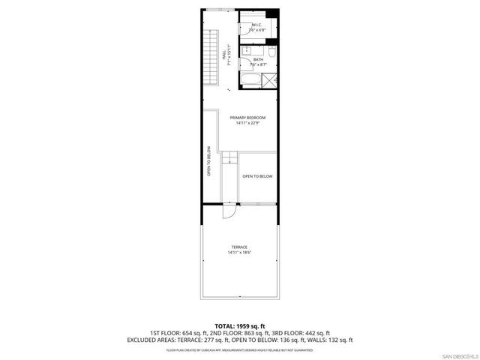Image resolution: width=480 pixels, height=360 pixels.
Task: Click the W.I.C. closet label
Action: coord(256,24)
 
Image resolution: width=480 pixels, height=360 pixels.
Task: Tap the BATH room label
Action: coord(258,59)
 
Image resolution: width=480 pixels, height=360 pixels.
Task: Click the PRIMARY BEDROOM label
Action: coord(247,118)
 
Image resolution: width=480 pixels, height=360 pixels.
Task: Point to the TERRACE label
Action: coord(239,247)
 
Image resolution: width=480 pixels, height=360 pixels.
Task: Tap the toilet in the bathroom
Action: coord(273,57)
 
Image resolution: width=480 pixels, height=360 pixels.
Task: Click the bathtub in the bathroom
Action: coord(250,80)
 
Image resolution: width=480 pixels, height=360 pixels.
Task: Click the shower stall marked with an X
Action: coord(271,80)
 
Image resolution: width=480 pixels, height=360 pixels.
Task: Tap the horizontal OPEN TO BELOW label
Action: coord(257,176)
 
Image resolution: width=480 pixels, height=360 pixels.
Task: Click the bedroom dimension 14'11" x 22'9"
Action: coord(247,124)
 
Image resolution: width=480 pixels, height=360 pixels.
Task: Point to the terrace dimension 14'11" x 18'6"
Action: coord(239,253)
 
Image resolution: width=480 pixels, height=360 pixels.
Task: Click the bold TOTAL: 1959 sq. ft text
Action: coord(239,325)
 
